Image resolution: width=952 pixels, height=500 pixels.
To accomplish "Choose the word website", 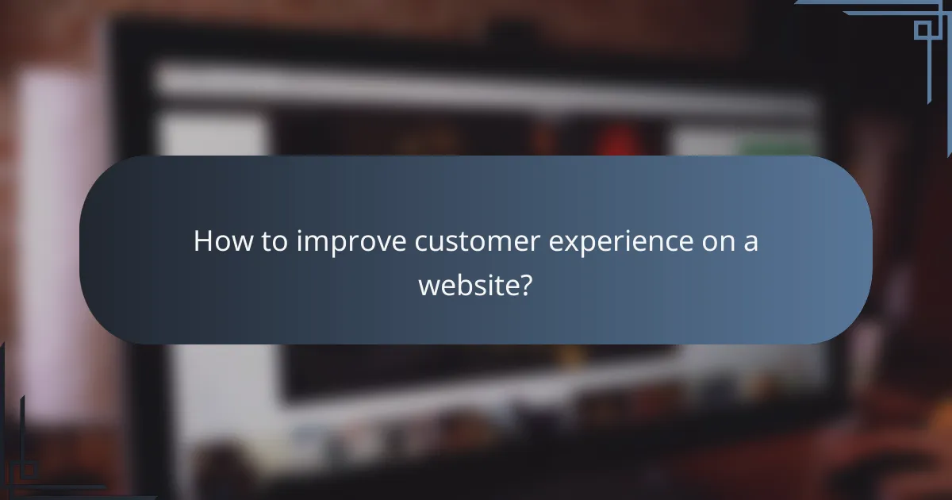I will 466,285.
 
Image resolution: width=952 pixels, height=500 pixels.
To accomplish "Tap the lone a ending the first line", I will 750,242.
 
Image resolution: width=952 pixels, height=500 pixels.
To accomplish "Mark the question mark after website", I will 524,285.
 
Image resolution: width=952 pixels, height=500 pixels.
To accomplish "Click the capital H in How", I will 203,242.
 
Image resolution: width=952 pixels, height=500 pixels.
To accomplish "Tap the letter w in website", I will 428,285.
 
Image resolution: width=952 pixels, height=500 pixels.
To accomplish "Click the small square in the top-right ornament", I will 923,30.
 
